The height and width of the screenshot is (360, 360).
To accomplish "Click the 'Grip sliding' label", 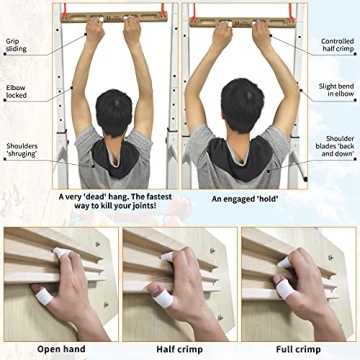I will coord(16,47).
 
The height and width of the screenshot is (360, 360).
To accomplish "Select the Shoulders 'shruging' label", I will coord(21,150).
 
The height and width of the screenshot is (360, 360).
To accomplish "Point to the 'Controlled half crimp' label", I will coord(337,45).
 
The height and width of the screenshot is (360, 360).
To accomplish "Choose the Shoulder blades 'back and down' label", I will coord(337,145).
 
